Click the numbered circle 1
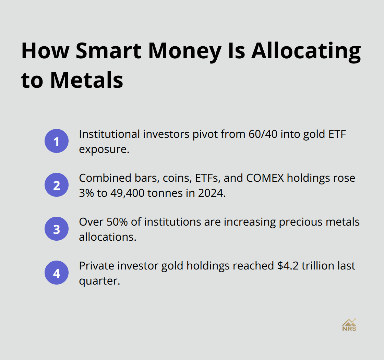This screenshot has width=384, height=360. tap(57, 141)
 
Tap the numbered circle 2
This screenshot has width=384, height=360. tap(57, 185)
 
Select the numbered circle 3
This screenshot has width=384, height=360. tap(57, 229)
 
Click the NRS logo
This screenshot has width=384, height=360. tap(349, 325)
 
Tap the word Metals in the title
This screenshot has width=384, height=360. tap(87, 80)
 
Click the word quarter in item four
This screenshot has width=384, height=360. tap(99, 280)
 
